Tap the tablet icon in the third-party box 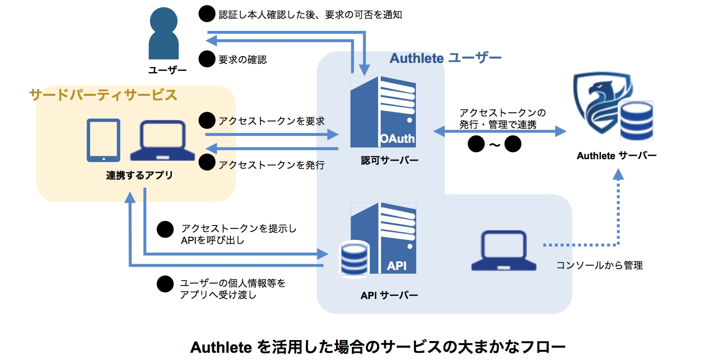(103, 140)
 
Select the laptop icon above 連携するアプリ (163, 141)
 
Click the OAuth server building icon (383, 112)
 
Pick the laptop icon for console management (504, 250)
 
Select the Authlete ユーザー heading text (445, 59)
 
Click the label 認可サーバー (382, 161)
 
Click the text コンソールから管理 (599, 265)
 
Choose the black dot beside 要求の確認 (207, 60)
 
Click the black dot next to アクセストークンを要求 (207, 120)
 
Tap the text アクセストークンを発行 (271, 165)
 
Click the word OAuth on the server (397, 139)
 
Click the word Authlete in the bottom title (221, 347)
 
